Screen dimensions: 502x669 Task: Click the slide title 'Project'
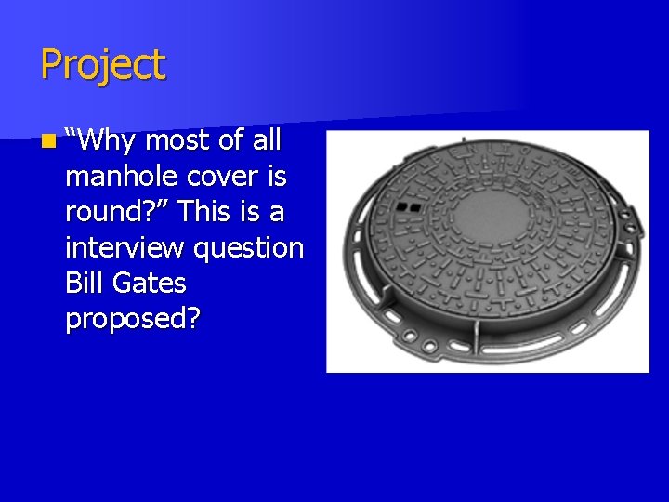tap(102, 65)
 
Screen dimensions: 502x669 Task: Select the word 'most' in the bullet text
tap(179, 141)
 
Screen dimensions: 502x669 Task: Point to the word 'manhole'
tap(120, 177)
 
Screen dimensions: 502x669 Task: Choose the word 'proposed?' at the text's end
tap(133, 319)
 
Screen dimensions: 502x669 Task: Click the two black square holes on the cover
tap(409, 206)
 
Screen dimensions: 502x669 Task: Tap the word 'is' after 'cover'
tap(276, 177)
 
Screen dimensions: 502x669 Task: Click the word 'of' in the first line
tap(230, 140)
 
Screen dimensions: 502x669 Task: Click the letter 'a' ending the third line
tap(276, 213)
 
